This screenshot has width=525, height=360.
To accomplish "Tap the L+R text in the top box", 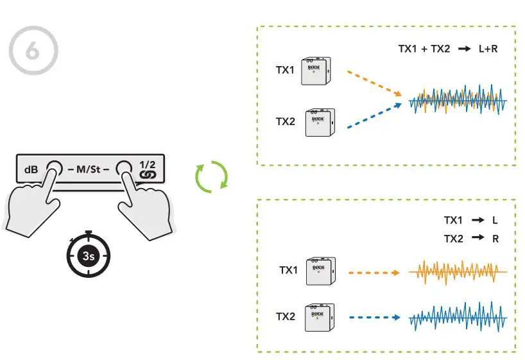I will click(x=489, y=47).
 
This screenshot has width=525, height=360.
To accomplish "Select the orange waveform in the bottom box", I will click(x=458, y=271).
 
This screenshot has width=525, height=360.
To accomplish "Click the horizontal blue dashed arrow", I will click(x=375, y=317).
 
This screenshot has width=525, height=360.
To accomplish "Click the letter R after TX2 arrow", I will click(x=495, y=238).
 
